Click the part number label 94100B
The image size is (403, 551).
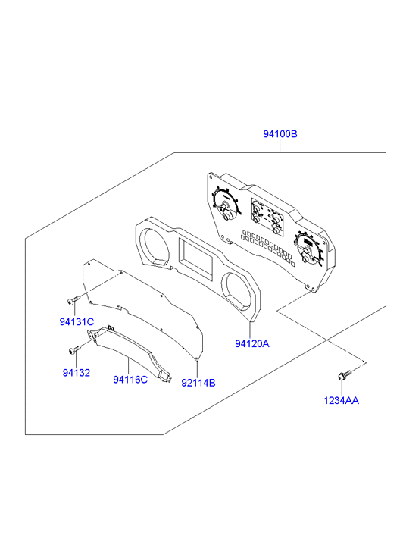coord(280,134)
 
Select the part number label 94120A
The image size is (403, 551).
coord(252,343)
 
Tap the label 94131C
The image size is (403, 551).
coord(77,321)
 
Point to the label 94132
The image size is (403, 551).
coord(77,372)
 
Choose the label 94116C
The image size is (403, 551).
coord(130,380)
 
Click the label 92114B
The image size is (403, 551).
coord(198,383)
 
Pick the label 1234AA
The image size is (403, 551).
coord(341,401)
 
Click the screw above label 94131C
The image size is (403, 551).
coord(73,300)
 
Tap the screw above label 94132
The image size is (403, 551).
coord(75,350)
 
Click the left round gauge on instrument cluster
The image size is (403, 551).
coord(226,205)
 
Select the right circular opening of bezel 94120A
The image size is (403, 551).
coord(237,291)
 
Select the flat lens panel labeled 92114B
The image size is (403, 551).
coord(143,309)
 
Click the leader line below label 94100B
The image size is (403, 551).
coord(280,146)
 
